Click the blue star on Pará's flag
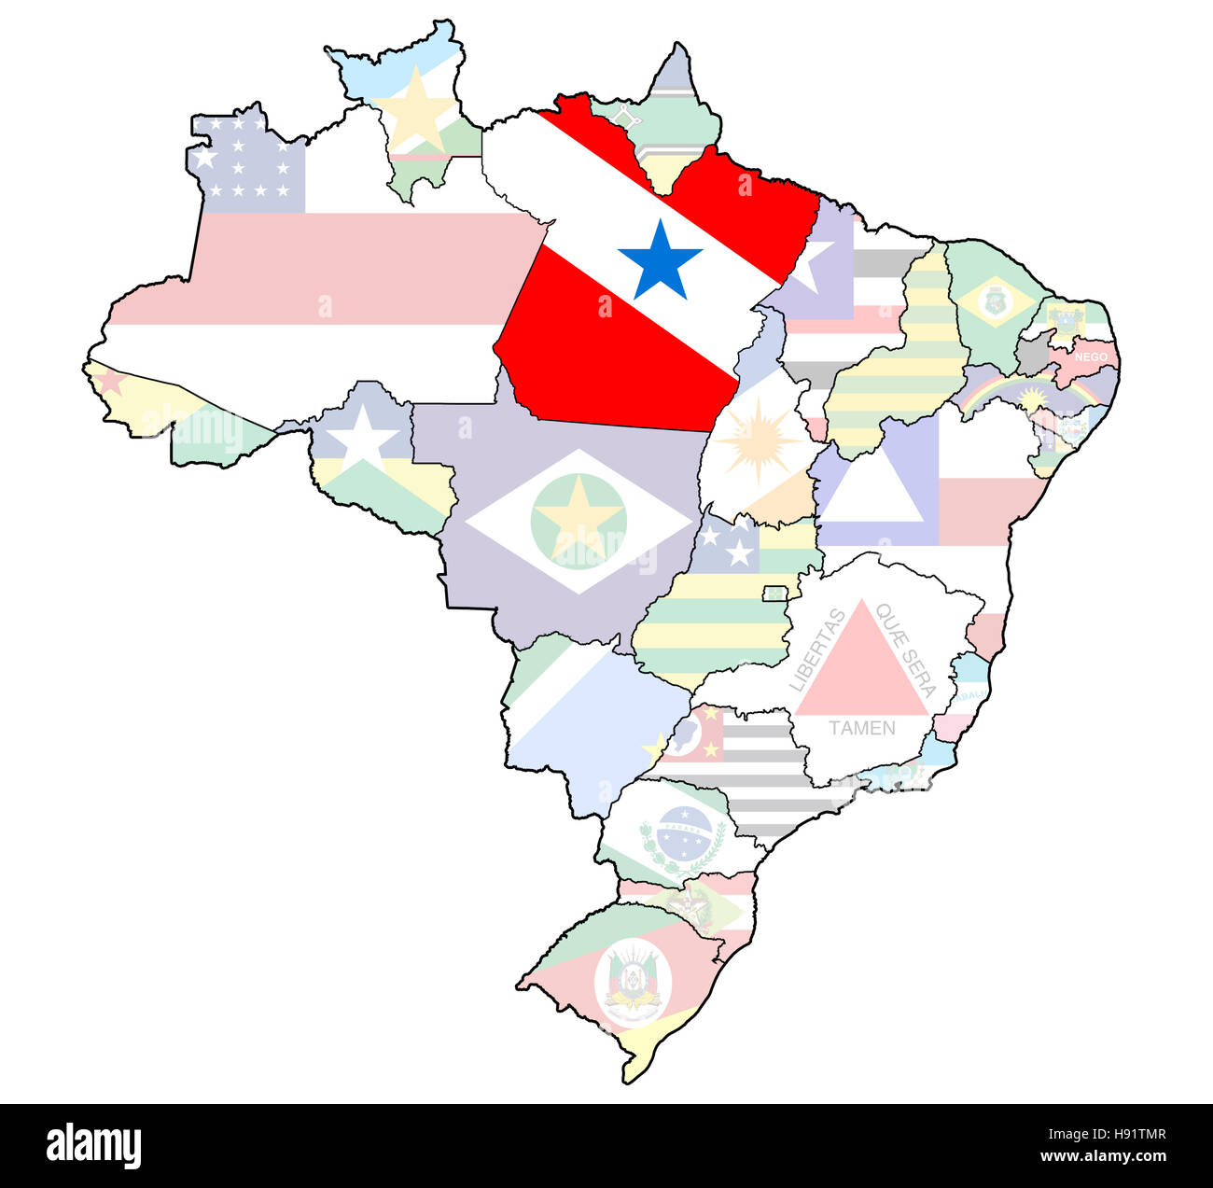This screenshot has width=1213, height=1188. pos(660,260)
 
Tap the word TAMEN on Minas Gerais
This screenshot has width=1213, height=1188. pos(861,728)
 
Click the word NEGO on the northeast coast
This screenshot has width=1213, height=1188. pos(1091,356)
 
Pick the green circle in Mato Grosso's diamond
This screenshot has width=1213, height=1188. pos(579,519)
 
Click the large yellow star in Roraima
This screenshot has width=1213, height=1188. pos(417,110)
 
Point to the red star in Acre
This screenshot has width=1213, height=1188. pos(111,381)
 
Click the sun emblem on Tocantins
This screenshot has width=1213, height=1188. pos(758,440)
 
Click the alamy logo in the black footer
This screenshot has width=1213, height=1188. pos(94,1145)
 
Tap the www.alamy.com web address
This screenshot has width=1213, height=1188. pos(1103,1157)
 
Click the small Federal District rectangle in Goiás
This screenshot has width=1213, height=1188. pos(774,594)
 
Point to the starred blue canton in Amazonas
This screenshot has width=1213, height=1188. pos(247,166)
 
